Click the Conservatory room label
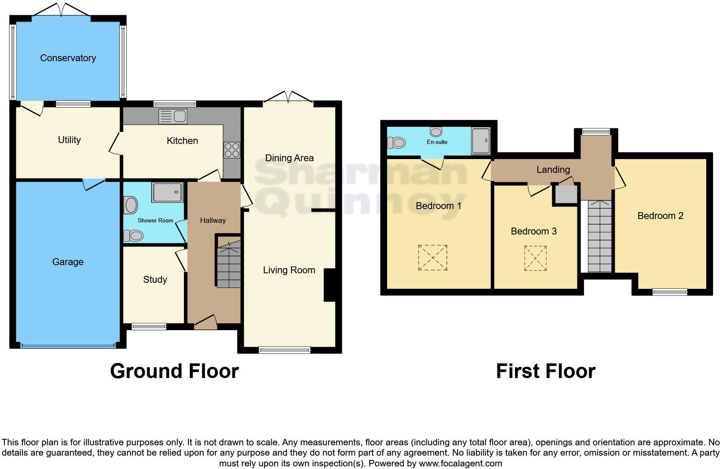(x=68, y=58)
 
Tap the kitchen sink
(x=173, y=116)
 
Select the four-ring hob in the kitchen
(x=232, y=150)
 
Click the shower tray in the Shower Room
(x=167, y=192)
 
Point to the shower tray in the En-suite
(x=481, y=141)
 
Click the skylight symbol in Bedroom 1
(x=432, y=258)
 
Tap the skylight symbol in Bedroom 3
(x=535, y=258)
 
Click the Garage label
(x=68, y=262)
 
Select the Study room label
(x=155, y=280)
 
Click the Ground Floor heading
(x=174, y=371)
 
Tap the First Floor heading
(x=546, y=371)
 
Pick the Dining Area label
(x=289, y=158)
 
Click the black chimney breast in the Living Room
(x=329, y=285)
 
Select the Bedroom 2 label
(x=660, y=216)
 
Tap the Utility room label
(x=69, y=140)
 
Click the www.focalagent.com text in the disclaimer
(x=460, y=464)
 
